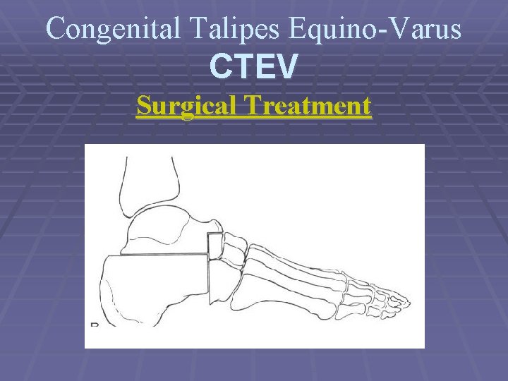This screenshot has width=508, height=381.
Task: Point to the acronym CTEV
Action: click(x=254, y=68)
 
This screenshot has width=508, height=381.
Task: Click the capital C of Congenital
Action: click(x=55, y=28)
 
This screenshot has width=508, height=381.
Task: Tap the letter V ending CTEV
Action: click(x=287, y=68)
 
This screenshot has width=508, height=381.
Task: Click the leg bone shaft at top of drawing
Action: click(x=149, y=180)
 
